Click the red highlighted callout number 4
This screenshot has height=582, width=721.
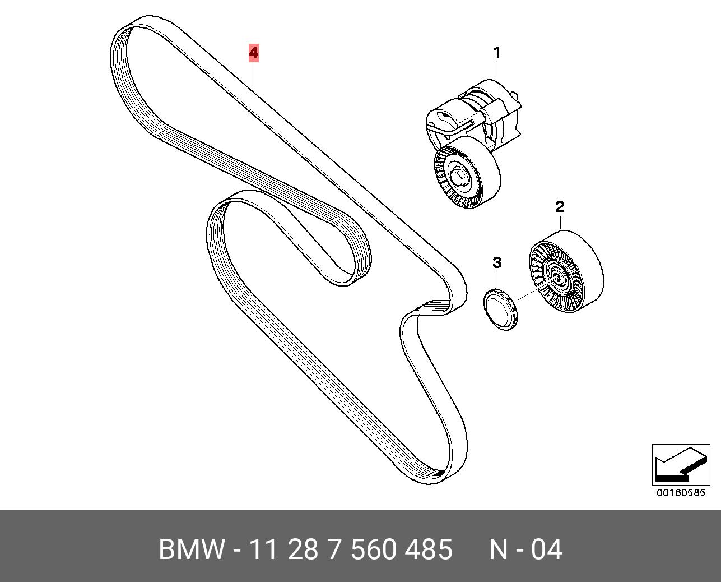[254, 53]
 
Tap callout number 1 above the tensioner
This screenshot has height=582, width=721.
[496, 53]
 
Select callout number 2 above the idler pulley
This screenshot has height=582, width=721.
[560, 207]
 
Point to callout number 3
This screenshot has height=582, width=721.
[497, 262]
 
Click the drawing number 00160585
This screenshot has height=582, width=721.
[681, 493]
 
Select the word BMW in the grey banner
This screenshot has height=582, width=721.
[192, 549]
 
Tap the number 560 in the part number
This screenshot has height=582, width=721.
[373, 549]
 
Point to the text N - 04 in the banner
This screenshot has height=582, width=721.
[525, 549]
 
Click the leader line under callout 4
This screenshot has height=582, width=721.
[254, 73]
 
